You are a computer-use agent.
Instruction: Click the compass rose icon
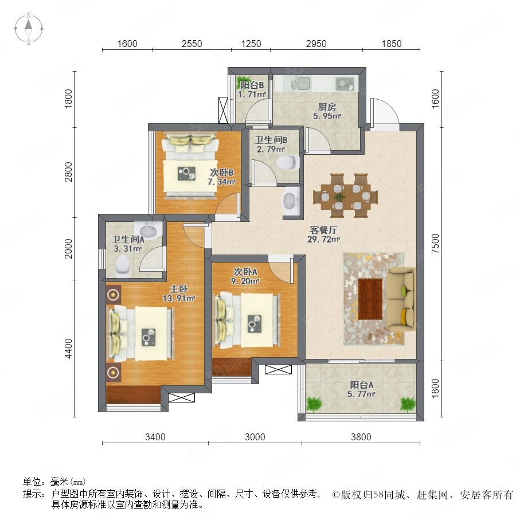pos(29,29)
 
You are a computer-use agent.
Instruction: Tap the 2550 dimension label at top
pos(192,44)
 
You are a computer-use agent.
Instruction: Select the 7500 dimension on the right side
pos(435,243)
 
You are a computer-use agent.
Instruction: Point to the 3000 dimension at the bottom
pos(255,437)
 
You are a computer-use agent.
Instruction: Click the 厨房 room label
pos(327,107)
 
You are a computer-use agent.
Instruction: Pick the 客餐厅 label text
pos(323,230)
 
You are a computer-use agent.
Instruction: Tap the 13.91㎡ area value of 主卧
pos(179,299)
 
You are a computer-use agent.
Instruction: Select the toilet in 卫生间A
pos(123,265)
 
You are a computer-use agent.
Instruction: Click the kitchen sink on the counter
pos(301,84)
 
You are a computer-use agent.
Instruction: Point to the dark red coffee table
pos(370,299)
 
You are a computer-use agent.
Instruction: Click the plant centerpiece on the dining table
pos(339,197)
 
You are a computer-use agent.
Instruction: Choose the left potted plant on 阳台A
pos(314,404)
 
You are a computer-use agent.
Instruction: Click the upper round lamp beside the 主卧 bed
pos(113,295)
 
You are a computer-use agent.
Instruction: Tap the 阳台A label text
pos(361,385)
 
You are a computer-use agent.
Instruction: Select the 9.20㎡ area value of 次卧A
pos(245,282)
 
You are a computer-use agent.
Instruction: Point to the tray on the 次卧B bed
pos(186,173)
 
